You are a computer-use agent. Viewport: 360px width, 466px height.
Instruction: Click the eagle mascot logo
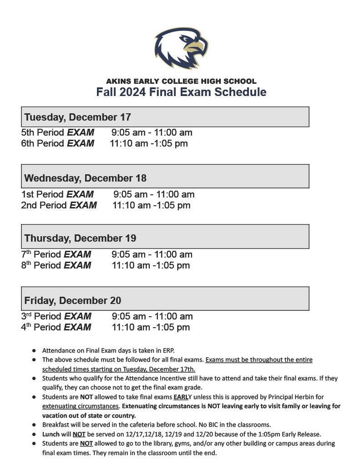click(181, 47)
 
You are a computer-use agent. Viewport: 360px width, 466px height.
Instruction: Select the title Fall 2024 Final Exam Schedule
click(181, 92)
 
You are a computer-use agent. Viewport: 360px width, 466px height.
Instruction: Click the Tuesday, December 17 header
click(78, 117)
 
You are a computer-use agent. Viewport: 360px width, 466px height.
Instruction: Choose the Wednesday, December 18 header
click(86, 177)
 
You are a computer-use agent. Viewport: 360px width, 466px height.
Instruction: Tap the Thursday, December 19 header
click(80, 238)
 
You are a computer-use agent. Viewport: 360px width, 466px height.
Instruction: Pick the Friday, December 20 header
click(73, 300)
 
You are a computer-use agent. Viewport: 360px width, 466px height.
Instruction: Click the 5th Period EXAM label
click(58, 133)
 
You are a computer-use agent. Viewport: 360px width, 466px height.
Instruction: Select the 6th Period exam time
click(149, 144)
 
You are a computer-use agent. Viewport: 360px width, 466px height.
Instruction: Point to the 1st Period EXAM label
click(58, 194)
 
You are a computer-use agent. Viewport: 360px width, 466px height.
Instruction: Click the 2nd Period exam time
click(151, 205)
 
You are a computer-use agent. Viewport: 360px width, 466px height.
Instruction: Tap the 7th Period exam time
click(152, 254)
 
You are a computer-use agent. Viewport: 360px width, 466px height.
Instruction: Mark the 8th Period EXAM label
click(56, 265)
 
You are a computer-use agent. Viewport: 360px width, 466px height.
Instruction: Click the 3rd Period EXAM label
click(56, 316)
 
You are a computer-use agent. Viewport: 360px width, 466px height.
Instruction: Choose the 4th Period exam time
click(151, 327)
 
